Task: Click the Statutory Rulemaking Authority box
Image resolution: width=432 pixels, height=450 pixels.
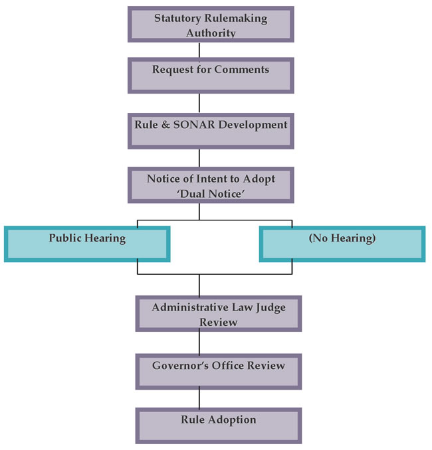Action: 211,25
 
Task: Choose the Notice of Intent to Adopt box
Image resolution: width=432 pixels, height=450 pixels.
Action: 211,185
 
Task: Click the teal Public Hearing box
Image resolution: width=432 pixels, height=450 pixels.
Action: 87,244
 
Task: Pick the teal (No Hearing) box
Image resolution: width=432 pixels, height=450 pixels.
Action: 342,244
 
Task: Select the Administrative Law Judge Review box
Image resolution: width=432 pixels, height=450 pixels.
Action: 219,313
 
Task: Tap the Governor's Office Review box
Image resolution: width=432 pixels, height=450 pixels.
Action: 219,371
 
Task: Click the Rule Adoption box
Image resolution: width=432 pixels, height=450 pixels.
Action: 219,425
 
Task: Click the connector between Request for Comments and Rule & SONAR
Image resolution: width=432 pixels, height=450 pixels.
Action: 199,102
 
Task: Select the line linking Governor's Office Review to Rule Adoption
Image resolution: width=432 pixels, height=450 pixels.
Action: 199,398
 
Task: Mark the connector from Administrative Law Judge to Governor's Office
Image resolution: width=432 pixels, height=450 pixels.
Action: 199,342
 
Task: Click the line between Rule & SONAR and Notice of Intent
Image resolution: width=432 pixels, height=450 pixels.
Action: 199,157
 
